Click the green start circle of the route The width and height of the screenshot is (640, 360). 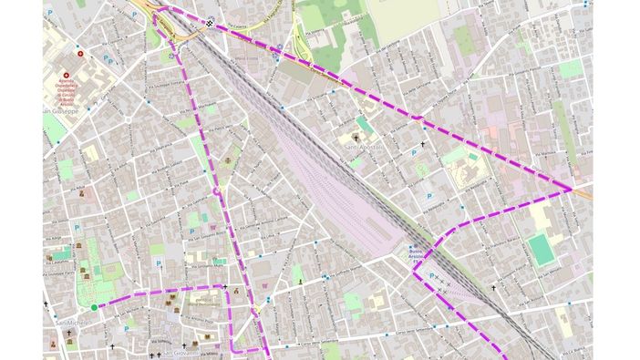tap(94, 307)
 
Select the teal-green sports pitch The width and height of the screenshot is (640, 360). tap(542, 249)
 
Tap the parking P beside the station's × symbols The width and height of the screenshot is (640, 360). tap(431, 275)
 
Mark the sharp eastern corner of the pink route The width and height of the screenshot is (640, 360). tap(572, 189)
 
